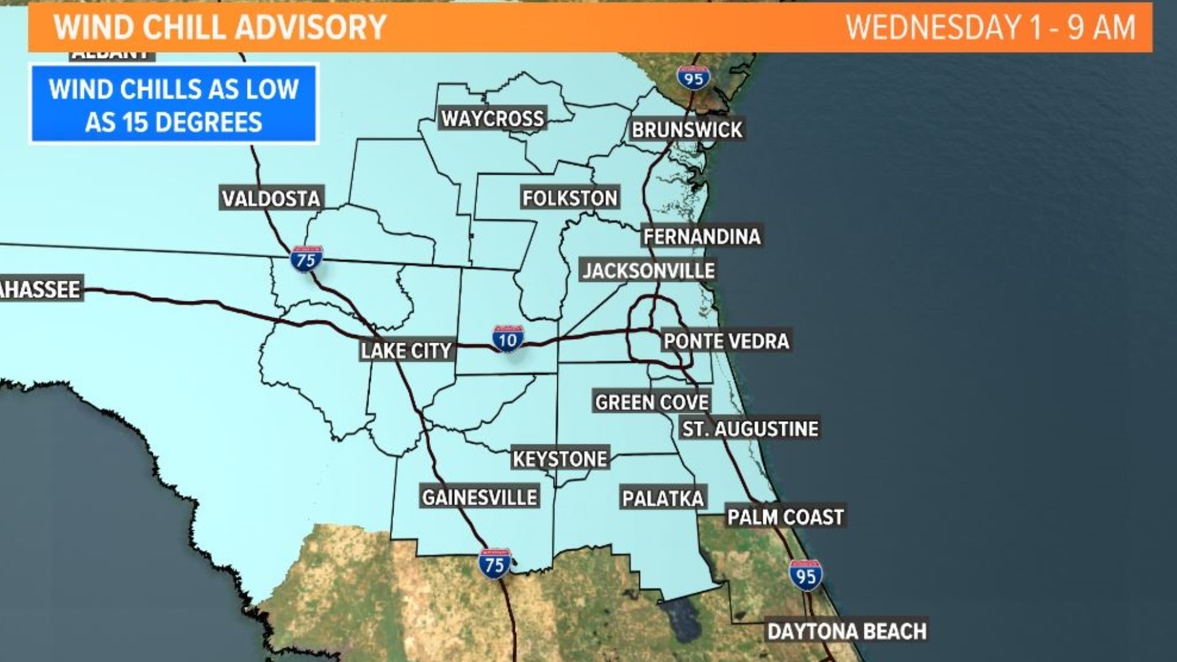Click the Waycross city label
coord(493,118)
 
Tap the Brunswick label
coord(687,130)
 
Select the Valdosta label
coord(271,199)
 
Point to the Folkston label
coord(569,198)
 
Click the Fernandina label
coord(702,236)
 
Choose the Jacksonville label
coord(648,270)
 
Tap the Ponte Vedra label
coord(726,341)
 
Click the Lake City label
coord(406,351)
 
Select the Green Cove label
coord(652,402)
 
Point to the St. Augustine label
coord(750,428)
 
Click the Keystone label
coord(560,458)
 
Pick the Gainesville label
coord(479,496)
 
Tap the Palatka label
coord(663,498)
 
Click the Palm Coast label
coord(785,517)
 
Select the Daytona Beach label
coord(847,631)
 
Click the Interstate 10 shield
coord(508,338)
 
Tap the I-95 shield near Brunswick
coord(693,78)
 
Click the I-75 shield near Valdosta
coord(306,259)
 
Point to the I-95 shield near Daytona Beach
coord(806,575)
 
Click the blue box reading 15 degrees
coord(173,105)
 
